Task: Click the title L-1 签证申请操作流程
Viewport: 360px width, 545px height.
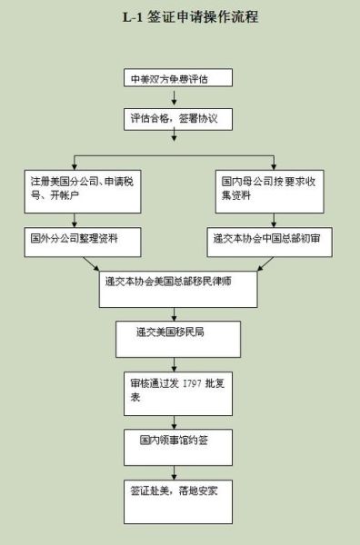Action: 180,17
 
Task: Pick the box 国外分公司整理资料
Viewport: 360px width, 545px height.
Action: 76,240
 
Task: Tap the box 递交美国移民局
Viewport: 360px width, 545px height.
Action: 173,337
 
